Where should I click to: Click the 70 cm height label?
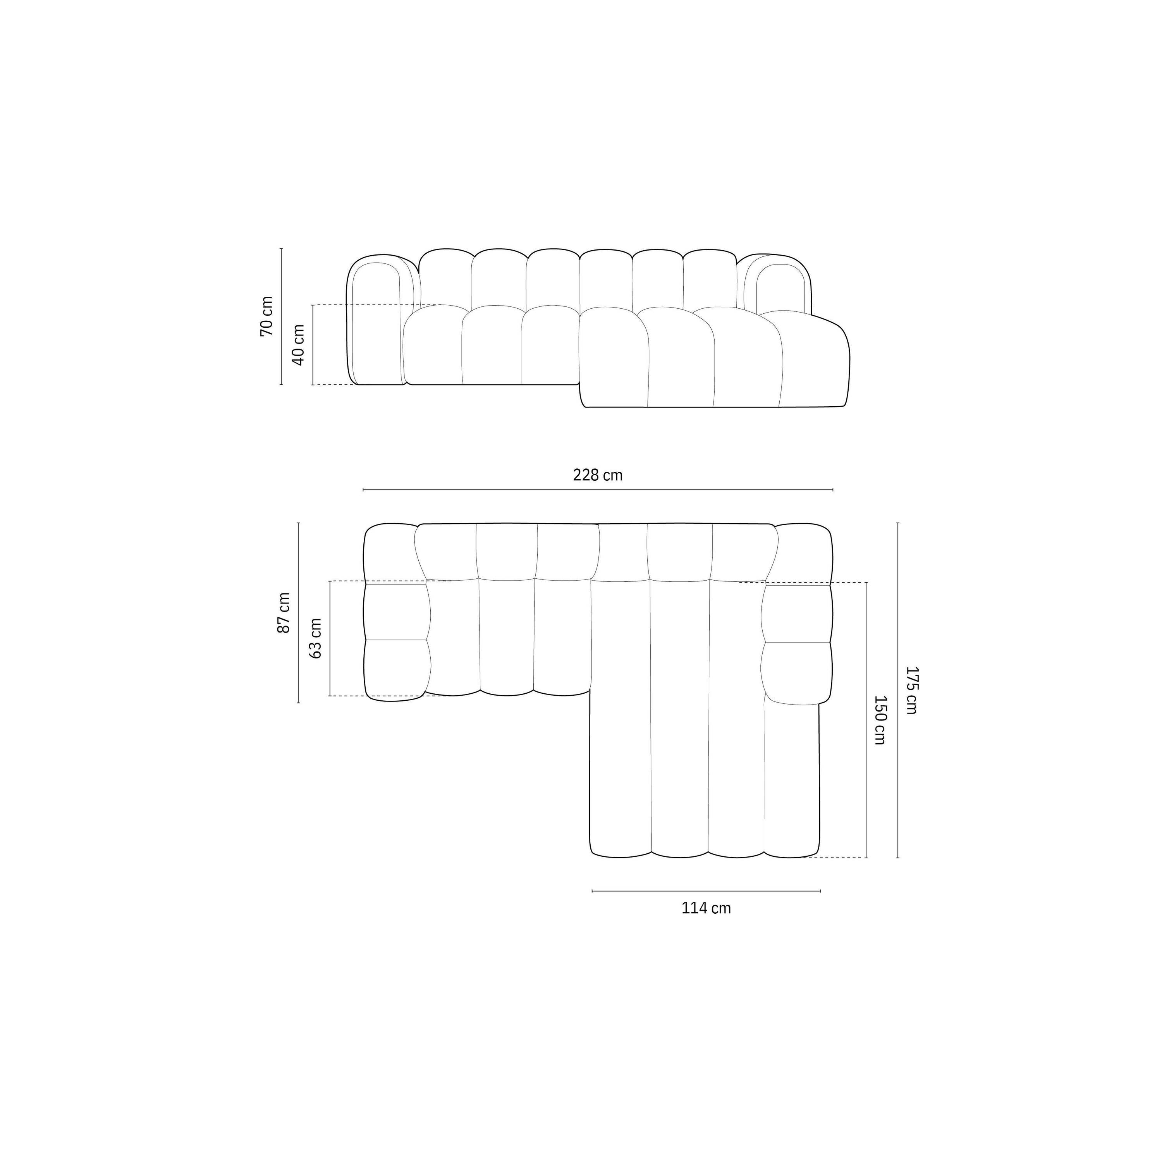[266, 316]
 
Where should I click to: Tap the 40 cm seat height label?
[298, 345]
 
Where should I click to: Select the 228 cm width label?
[598, 475]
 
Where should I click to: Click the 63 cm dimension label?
[316, 638]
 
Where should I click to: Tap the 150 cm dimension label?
[879, 720]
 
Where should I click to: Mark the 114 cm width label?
[706, 908]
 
